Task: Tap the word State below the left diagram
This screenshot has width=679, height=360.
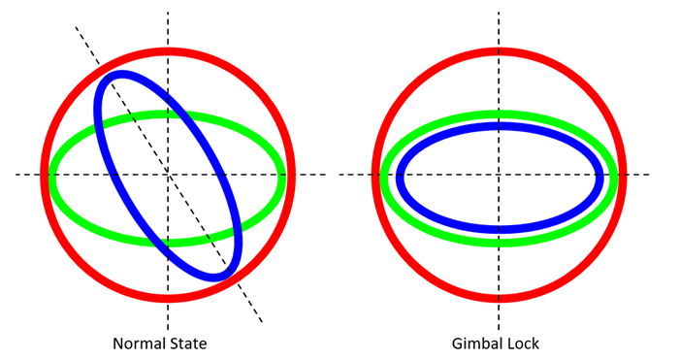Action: pyautogui.click(x=187, y=344)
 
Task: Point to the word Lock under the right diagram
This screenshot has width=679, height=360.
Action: pyautogui.click(x=522, y=344)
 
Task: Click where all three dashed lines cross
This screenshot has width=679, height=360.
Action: pyautogui.click(x=168, y=175)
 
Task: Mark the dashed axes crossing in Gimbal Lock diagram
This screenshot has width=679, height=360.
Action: pyautogui.click(x=499, y=175)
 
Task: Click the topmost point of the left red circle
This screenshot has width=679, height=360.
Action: pyautogui.click(x=168, y=50)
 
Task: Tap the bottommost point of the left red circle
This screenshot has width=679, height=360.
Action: pyautogui.click(x=168, y=299)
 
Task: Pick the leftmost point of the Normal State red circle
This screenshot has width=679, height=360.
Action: pyautogui.click(x=45, y=175)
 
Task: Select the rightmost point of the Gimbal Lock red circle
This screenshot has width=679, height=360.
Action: pyautogui.click(x=623, y=175)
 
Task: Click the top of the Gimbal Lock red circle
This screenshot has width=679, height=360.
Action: pyautogui.click(x=499, y=50)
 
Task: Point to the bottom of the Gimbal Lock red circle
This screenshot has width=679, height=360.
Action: pyautogui.click(x=499, y=299)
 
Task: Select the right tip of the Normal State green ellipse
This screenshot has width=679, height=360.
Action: pyautogui.click(x=282, y=179)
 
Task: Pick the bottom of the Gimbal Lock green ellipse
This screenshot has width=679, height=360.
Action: pyautogui.click(x=499, y=242)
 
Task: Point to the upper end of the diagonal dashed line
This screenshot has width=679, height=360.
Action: pyautogui.click(x=77, y=27)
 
